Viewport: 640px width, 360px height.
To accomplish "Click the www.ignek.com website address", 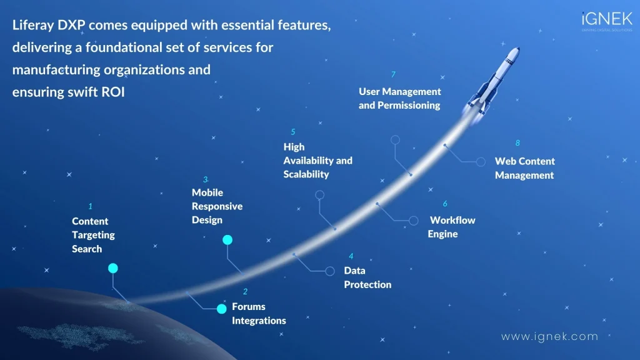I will click(549, 336).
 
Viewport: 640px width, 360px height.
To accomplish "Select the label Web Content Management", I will click(524, 168).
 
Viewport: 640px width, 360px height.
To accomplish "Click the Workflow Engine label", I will click(452, 227).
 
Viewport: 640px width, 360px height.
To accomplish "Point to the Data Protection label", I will click(367, 277).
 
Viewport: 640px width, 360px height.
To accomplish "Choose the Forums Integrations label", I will click(259, 313).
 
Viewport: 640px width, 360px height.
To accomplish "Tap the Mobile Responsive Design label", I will click(217, 206).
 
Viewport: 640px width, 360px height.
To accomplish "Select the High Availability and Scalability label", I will click(317, 160).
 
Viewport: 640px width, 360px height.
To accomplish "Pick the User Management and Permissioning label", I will click(399, 98).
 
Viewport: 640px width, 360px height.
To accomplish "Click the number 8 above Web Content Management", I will click(517, 143).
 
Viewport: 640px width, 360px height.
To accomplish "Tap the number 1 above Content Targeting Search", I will click(90, 206).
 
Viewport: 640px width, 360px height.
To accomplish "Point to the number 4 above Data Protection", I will click(351, 256).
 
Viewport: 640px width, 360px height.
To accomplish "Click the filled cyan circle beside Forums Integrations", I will click(221, 309).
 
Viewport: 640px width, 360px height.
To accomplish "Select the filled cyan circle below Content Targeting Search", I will click(112, 268).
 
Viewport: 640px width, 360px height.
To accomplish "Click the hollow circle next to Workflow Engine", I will click(413, 221).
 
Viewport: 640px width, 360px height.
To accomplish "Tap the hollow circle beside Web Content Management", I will click(481, 162).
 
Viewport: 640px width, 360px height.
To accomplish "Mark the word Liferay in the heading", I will click(35, 24).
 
